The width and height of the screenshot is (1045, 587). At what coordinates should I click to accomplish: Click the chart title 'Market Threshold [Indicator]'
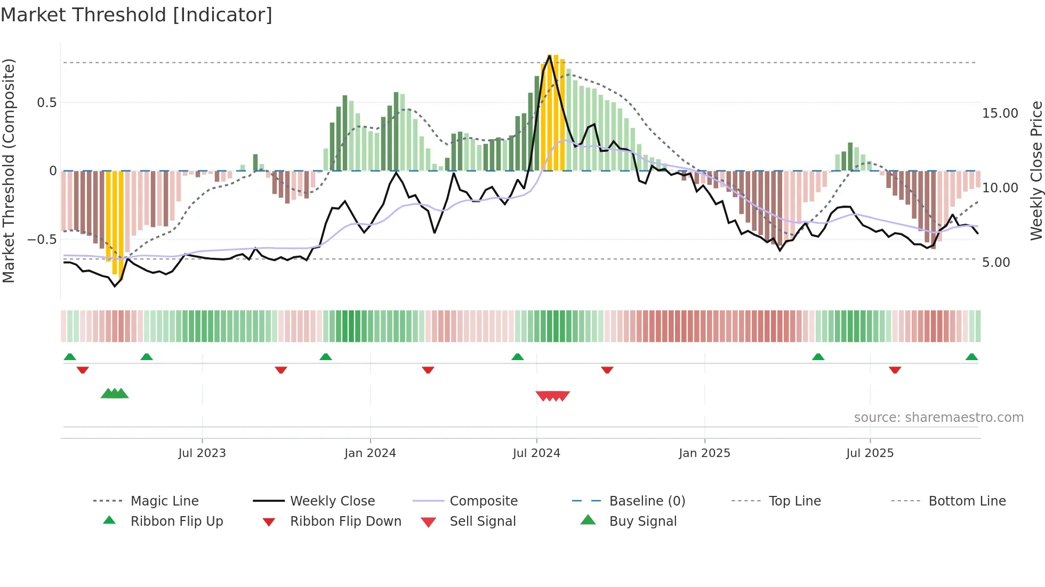pyautogui.click(x=136, y=15)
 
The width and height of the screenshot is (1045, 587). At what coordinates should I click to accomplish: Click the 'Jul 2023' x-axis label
pyautogui.click(x=202, y=453)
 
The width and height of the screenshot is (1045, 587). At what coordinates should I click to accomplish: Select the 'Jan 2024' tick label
pyautogui.click(x=370, y=453)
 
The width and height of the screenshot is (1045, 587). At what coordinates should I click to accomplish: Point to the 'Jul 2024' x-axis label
pyautogui.click(x=536, y=453)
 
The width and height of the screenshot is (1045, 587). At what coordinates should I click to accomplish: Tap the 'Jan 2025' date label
pyautogui.click(x=704, y=453)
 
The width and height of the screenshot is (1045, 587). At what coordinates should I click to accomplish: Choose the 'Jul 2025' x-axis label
pyautogui.click(x=870, y=453)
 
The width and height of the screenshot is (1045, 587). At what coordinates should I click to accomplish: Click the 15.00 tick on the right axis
pyautogui.click(x=1000, y=113)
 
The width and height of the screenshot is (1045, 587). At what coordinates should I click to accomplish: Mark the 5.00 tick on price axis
pyautogui.click(x=995, y=263)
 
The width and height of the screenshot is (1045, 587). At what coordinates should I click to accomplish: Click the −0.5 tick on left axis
pyautogui.click(x=42, y=240)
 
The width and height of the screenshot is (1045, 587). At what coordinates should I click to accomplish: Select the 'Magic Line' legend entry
pyautogui.click(x=164, y=501)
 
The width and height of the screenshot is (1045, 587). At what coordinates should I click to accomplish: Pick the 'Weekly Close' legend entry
pyautogui.click(x=332, y=501)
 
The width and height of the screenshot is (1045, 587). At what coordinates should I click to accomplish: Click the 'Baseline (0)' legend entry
pyautogui.click(x=647, y=501)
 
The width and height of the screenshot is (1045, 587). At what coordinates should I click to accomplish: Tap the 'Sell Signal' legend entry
pyautogui.click(x=483, y=521)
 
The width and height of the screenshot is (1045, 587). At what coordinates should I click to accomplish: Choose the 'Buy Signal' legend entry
pyautogui.click(x=642, y=521)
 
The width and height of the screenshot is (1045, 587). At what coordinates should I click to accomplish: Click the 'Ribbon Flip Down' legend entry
pyautogui.click(x=345, y=521)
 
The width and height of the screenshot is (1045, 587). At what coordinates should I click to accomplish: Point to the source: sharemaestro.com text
pyautogui.click(x=938, y=418)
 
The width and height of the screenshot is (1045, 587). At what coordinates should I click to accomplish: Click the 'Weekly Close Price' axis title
pyautogui.click(x=1036, y=170)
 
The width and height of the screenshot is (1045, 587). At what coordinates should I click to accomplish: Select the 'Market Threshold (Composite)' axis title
pyautogui.click(x=9, y=170)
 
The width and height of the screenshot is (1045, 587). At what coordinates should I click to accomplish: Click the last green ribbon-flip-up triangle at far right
pyautogui.click(x=971, y=357)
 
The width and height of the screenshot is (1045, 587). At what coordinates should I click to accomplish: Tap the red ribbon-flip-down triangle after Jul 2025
pyautogui.click(x=895, y=370)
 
